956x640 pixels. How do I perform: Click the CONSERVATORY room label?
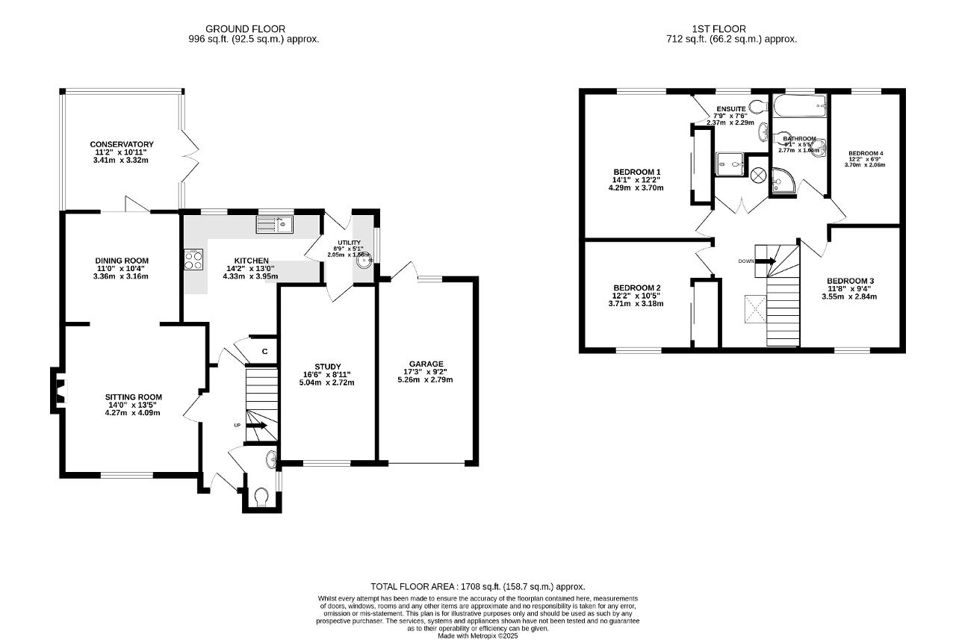click(122, 144)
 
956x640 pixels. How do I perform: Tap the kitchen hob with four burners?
click(193, 259)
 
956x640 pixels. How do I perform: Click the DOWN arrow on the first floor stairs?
click(766, 261)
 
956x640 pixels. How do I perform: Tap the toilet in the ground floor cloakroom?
click(261, 497)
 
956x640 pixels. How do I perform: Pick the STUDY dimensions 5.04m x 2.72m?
click(327, 382)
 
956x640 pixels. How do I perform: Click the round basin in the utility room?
click(364, 261)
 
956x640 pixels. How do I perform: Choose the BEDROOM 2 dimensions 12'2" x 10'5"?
click(637, 296)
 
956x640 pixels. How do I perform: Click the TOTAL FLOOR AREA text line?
click(478, 587)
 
